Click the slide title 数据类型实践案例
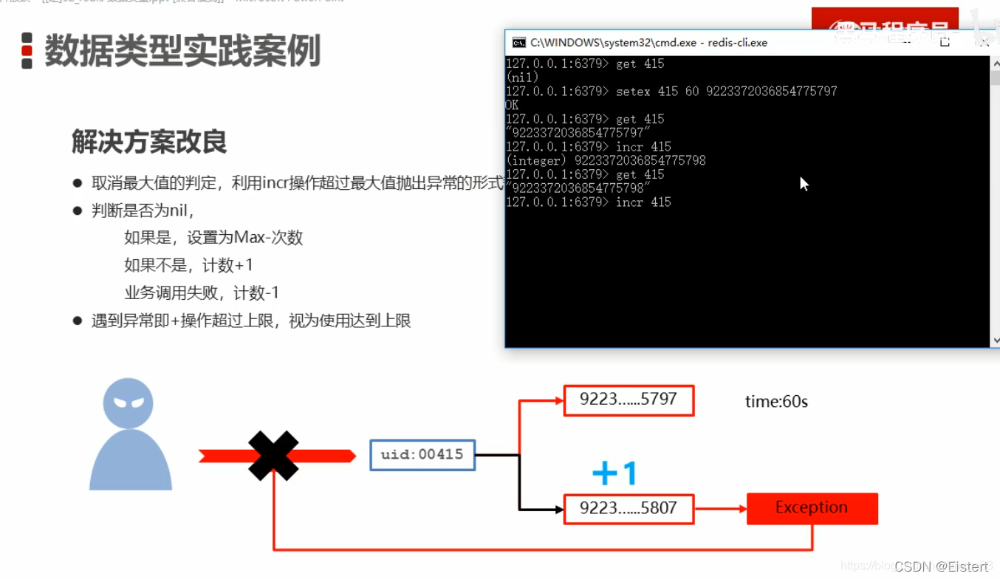pyautogui.click(x=182, y=51)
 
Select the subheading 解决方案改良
pyautogui.click(x=149, y=141)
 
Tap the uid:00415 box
pyautogui.click(x=422, y=455)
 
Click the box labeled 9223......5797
pyautogui.click(x=629, y=400)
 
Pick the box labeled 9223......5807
pyautogui.click(x=629, y=509)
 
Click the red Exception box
pyautogui.click(x=812, y=508)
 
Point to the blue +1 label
pyautogui.click(x=614, y=473)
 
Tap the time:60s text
pyautogui.click(x=776, y=402)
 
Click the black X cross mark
pyautogui.click(x=273, y=456)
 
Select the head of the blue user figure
pyautogui.click(x=128, y=403)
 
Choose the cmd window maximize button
pyautogui.click(x=945, y=42)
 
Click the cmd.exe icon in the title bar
pyautogui.click(x=519, y=43)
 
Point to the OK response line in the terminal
pyautogui.click(x=512, y=106)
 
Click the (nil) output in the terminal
pyautogui.click(x=522, y=78)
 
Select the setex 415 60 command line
pyautogui.click(x=671, y=92)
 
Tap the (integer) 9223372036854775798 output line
pyautogui.click(x=606, y=161)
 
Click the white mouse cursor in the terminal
pyautogui.click(x=804, y=183)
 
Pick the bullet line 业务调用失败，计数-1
pyautogui.click(x=202, y=293)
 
